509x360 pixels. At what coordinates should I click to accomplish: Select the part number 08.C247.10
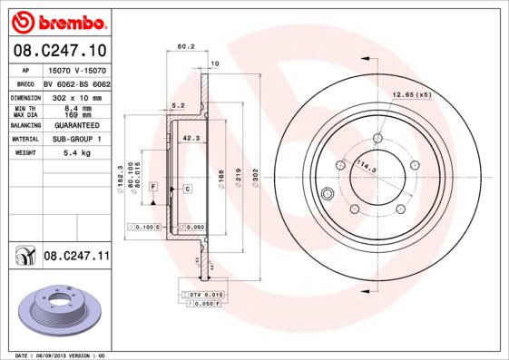coord(59,51)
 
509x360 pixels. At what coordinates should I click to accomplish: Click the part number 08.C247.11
coord(76,258)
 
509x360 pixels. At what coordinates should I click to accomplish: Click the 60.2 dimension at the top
coord(186,46)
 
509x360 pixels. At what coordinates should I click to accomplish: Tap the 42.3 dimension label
coord(191,138)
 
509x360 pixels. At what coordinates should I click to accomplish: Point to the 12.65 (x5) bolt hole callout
coord(411,93)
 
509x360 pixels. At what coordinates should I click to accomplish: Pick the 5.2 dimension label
coord(178,105)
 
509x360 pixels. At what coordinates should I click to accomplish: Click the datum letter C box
coord(186,188)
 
